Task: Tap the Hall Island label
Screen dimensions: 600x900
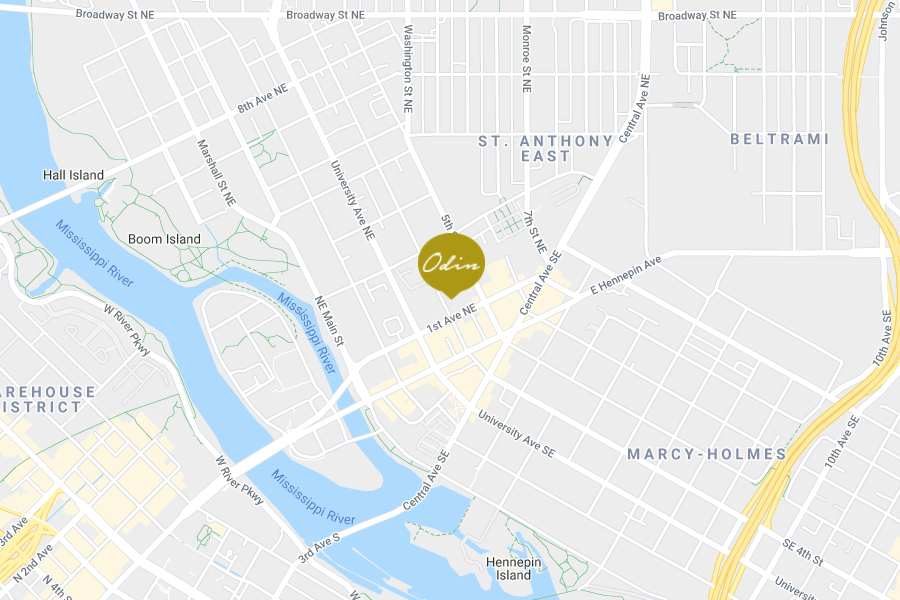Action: tap(73, 175)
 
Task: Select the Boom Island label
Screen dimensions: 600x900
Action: tap(164, 239)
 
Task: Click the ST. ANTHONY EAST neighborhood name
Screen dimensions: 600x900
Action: tap(545, 148)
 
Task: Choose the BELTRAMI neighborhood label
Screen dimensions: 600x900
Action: tap(779, 139)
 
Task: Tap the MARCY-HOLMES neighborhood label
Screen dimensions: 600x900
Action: tap(706, 454)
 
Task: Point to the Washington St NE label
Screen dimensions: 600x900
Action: tap(408, 68)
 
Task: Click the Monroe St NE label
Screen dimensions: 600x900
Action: tap(526, 59)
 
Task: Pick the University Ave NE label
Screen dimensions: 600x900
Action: tap(353, 200)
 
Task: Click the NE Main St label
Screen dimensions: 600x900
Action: tap(329, 321)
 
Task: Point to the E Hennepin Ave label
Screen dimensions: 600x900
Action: tap(626, 276)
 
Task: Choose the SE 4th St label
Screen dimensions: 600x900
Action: tap(801, 554)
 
